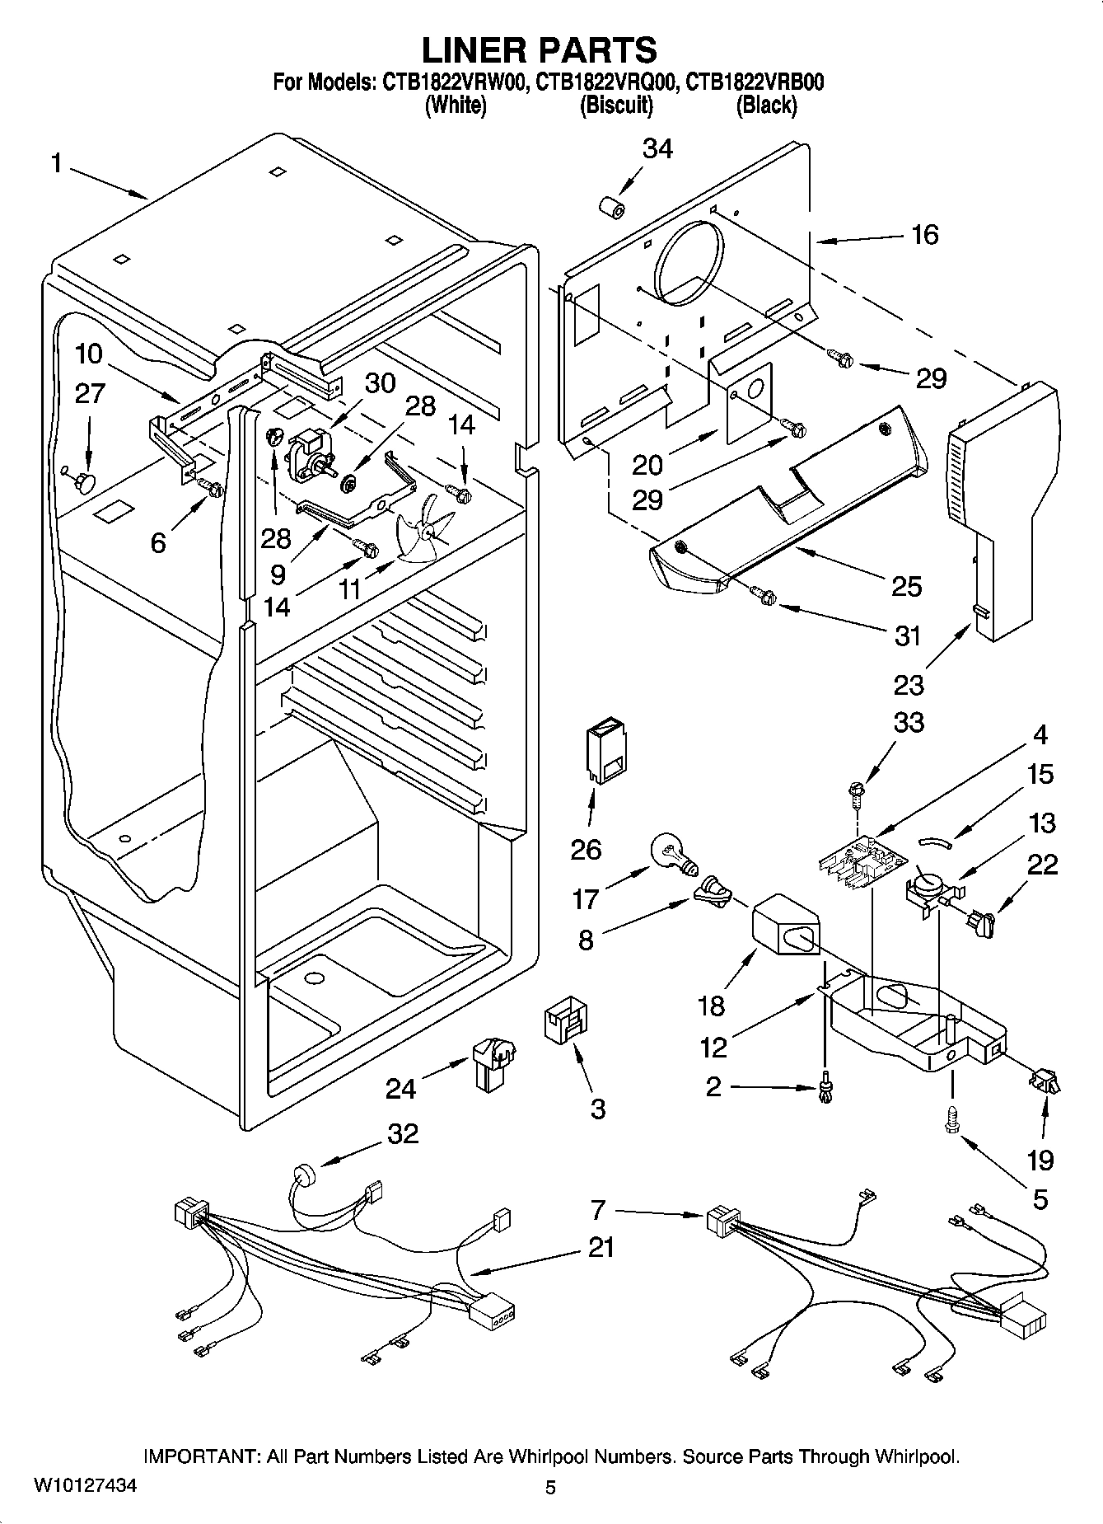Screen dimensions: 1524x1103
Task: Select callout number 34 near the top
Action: pos(657,148)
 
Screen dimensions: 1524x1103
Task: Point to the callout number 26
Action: pos(586,849)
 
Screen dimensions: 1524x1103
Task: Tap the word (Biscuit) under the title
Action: pos(616,106)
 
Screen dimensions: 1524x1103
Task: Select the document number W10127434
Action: pos(86,1486)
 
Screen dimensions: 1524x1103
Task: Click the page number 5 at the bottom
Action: pos(550,1487)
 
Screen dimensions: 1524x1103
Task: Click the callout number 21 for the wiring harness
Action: pos(601,1247)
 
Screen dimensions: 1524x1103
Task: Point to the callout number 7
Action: pos(598,1210)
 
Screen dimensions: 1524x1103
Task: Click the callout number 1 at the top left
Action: pos(56,164)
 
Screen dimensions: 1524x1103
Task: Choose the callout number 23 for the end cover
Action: pos(909,684)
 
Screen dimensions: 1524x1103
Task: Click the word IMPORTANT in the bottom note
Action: pos(202,1456)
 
